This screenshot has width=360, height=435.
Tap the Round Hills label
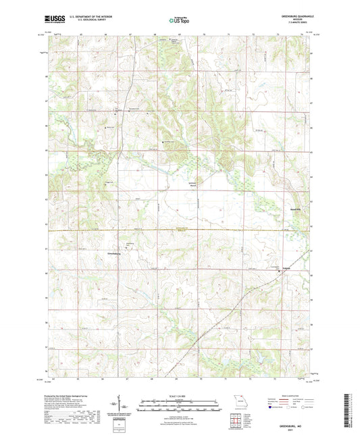294,209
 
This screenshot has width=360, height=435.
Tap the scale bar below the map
180,403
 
